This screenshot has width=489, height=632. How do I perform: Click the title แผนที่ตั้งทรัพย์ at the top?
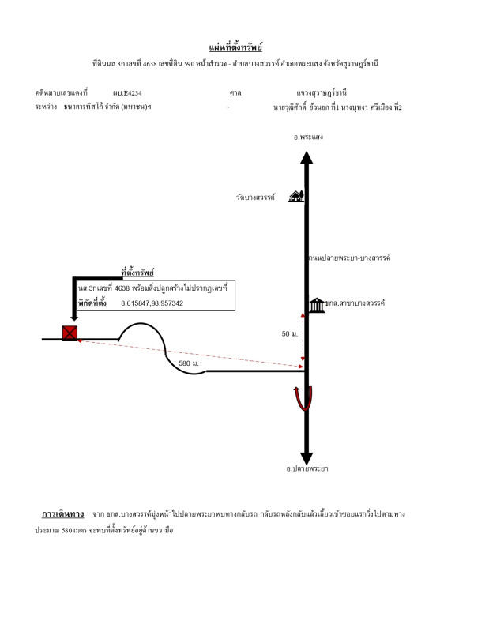[x=235, y=47]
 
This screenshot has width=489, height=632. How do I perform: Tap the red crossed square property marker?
[x=70, y=333]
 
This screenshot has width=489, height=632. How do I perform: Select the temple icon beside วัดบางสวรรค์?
[x=296, y=196]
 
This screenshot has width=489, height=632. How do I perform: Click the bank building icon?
[x=316, y=304]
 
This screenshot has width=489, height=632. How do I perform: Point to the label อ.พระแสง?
[x=308, y=137]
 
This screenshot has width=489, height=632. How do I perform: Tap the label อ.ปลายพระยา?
[x=307, y=468]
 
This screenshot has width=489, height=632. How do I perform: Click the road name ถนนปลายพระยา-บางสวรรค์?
[x=349, y=258]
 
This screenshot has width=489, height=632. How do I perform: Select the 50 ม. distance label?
[x=290, y=334]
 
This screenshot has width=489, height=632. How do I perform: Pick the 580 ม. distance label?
[x=189, y=363]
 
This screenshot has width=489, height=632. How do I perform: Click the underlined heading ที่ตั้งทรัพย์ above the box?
[x=137, y=273]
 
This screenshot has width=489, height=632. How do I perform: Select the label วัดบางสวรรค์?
[x=255, y=197]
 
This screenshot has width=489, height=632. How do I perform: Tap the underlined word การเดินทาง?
[x=62, y=514]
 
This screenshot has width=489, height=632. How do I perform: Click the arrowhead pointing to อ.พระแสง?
[x=307, y=157]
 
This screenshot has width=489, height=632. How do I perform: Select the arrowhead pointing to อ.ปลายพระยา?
[x=307, y=457]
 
